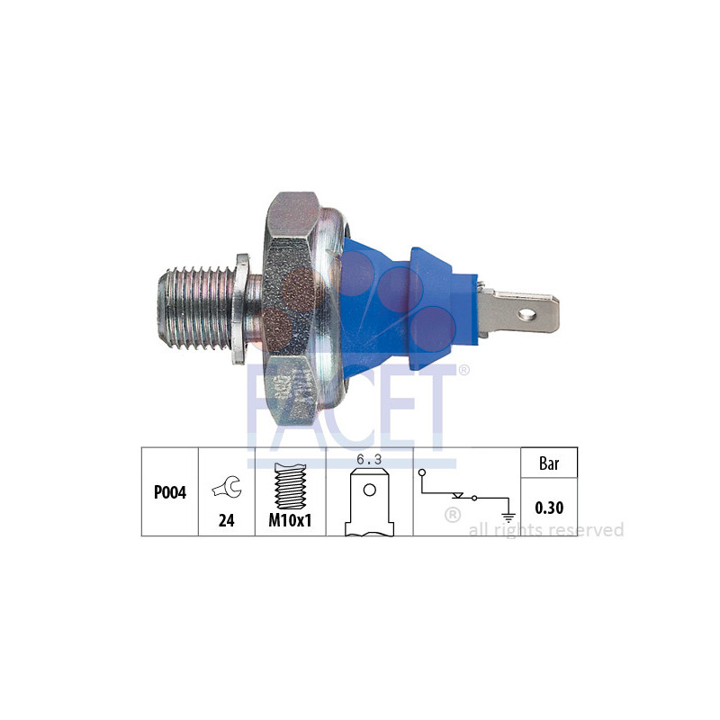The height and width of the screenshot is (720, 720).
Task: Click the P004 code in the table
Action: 169,493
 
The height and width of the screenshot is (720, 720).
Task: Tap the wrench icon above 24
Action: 226,487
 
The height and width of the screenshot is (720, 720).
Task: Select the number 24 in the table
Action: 226,520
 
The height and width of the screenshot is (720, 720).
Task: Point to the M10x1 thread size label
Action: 290,521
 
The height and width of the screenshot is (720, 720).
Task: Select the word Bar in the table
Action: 549,464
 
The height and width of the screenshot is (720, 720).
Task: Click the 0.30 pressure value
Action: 549,508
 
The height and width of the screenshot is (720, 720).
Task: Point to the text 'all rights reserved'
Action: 546,530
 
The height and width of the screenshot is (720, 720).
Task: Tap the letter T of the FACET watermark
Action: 435,396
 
